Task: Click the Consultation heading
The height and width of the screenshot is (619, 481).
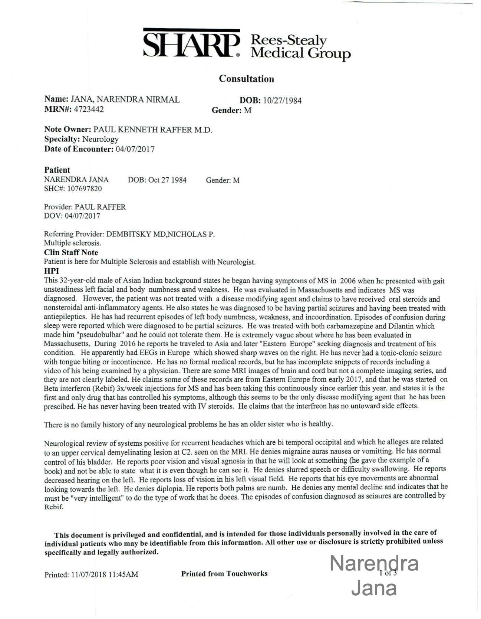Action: [x=246, y=79]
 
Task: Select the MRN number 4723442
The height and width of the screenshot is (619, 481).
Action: [x=89, y=109]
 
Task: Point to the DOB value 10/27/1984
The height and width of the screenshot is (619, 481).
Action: [x=282, y=100]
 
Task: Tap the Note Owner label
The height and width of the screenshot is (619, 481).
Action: [x=67, y=130]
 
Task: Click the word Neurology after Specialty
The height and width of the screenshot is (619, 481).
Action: [x=100, y=139]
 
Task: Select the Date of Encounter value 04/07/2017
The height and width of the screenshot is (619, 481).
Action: [x=135, y=149]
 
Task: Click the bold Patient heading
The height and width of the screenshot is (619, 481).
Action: [x=57, y=170]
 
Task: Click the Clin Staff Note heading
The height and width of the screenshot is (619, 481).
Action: [x=71, y=252]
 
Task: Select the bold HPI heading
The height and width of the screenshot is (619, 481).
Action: [x=52, y=271]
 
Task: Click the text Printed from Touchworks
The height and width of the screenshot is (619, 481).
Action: [x=224, y=574]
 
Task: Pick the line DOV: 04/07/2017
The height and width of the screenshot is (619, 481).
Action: [x=72, y=216]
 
